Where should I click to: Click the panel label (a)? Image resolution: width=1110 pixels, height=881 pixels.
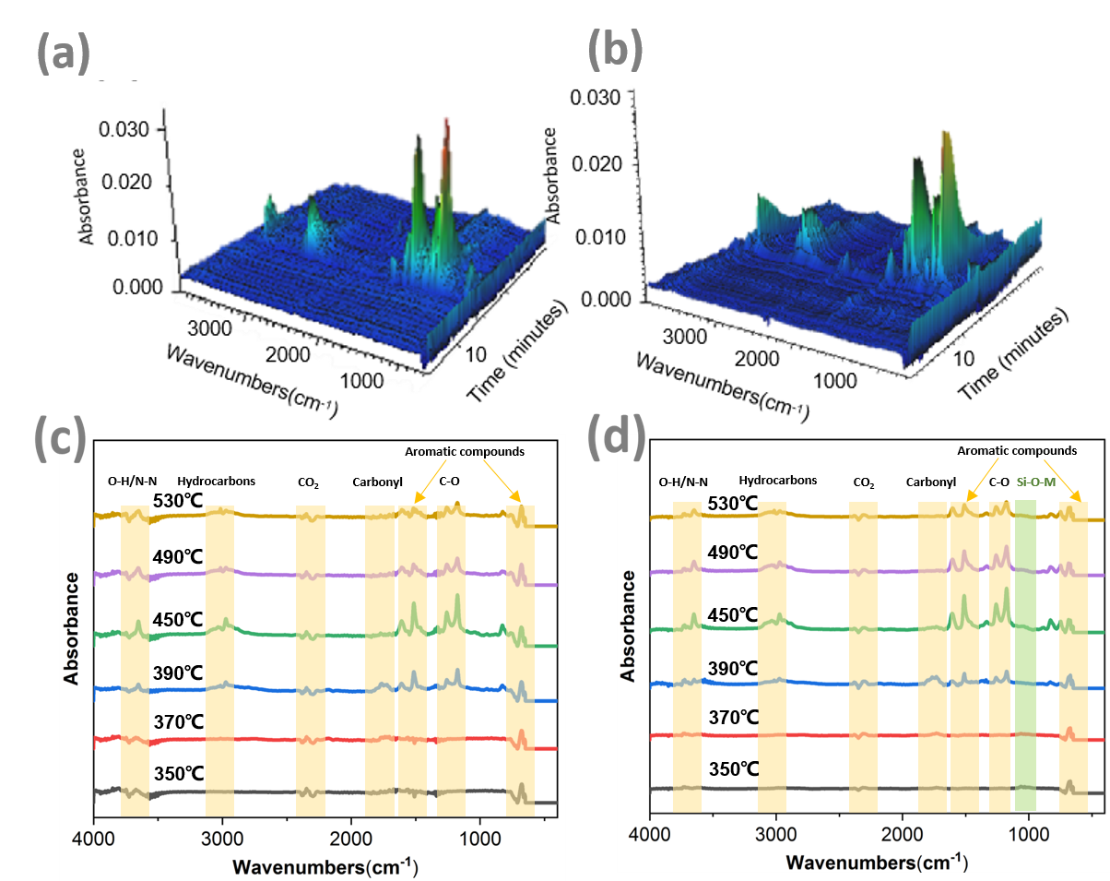(x=64, y=54)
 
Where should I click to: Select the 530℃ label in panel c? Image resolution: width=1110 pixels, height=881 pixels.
(x=178, y=501)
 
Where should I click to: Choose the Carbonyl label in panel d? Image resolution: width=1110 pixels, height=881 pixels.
(x=931, y=482)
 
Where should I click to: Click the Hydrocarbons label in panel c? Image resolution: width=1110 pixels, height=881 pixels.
(x=217, y=481)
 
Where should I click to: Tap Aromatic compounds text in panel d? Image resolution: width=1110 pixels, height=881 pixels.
(x=1017, y=451)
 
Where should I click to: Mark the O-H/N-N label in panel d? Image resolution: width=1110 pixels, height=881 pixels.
(x=683, y=482)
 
